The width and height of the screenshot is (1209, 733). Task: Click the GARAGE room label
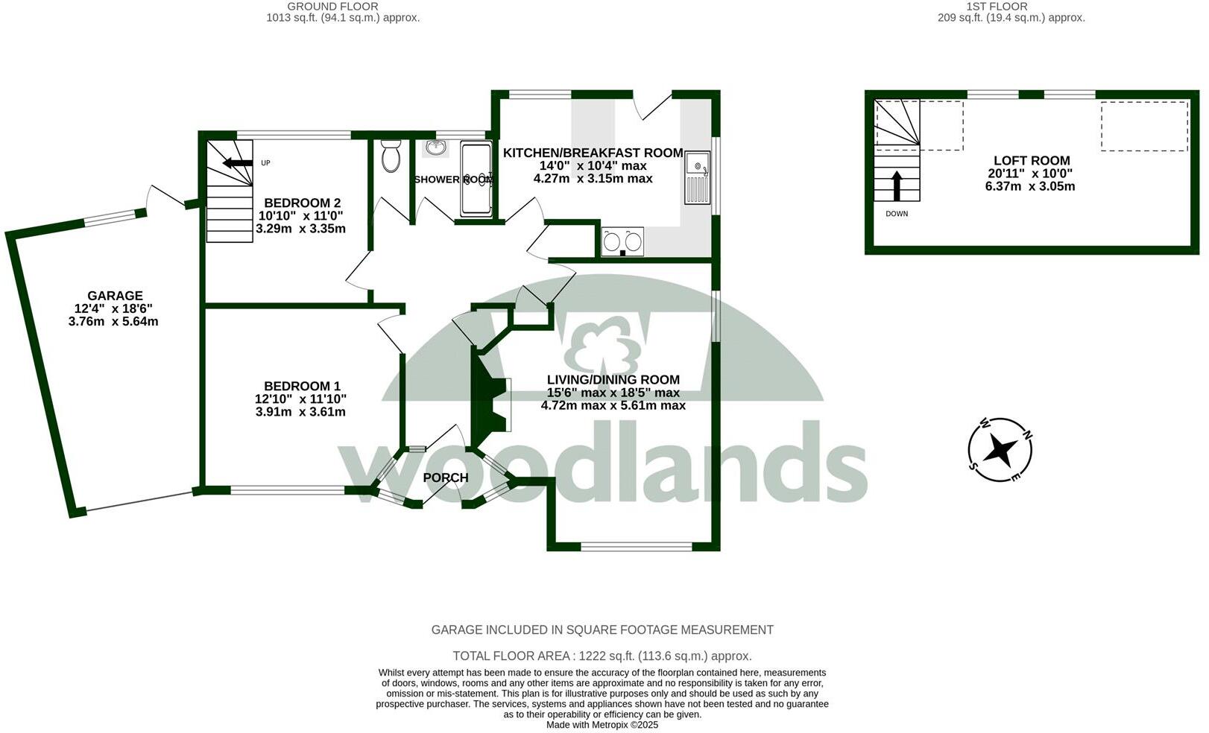click(115, 296)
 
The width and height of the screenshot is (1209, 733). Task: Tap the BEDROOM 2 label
click(302, 203)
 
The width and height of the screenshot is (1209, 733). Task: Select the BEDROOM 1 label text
click(302, 386)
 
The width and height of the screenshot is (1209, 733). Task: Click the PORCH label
click(446, 477)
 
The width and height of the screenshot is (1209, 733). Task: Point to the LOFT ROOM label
click(1032, 160)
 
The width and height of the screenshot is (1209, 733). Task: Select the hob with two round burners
click(622, 241)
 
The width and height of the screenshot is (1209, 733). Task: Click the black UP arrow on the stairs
click(239, 163)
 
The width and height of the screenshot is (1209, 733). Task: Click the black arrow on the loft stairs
click(897, 185)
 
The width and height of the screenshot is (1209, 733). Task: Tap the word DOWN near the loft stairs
click(897, 214)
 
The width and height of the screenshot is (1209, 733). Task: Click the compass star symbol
click(1000, 450)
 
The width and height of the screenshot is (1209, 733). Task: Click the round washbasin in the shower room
click(435, 147)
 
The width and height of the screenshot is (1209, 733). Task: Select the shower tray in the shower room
click(476, 179)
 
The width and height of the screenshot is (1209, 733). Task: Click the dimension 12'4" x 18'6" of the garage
click(113, 308)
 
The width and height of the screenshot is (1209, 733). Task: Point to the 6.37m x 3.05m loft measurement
click(1030, 186)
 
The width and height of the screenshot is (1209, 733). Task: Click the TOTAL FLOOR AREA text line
click(602, 656)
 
